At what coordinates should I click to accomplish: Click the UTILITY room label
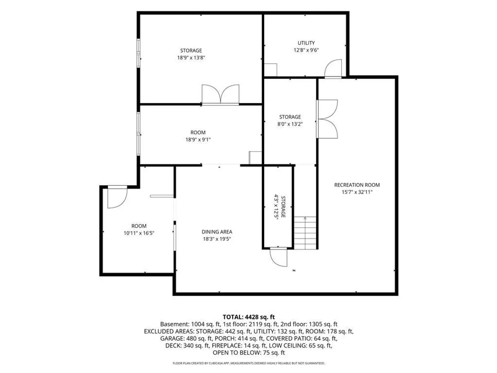click(306, 43)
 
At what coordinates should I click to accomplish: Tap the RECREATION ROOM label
click(357, 185)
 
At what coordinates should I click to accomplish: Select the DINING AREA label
click(217, 232)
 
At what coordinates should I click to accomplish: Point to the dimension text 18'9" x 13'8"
click(191, 58)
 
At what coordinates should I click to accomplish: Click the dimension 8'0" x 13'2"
click(290, 124)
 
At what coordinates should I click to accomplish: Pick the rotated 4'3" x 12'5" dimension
click(276, 207)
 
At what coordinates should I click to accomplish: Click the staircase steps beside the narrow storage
click(305, 233)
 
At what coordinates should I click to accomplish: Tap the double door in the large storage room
click(220, 94)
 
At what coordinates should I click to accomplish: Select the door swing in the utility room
click(333, 68)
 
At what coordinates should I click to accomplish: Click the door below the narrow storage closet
click(279, 257)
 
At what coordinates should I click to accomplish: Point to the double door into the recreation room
click(327, 119)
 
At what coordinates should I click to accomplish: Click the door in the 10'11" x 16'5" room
click(117, 197)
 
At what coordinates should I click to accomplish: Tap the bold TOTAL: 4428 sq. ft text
click(248, 317)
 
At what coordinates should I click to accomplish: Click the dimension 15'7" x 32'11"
click(357, 192)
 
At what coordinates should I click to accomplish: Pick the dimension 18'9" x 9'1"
click(198, 140)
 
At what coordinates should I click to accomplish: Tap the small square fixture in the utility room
click(271, 70)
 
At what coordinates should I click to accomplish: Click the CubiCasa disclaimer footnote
click(248, 363)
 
